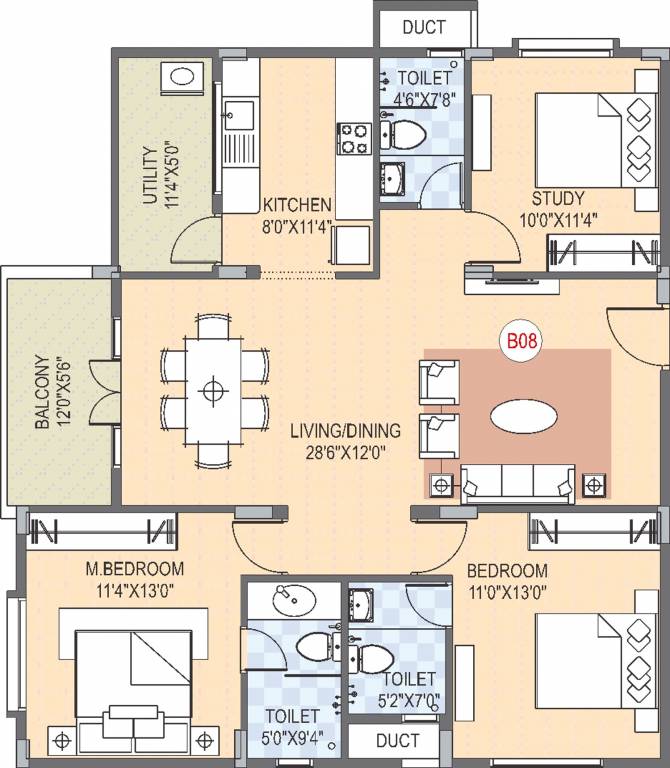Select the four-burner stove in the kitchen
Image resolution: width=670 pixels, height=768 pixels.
tap(354, 138)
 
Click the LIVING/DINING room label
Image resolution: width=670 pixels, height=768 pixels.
tap(345, 431)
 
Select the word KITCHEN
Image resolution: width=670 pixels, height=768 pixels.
tap(297, 205)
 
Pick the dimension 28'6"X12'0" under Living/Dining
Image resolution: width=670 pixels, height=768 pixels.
tap(345, 452)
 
